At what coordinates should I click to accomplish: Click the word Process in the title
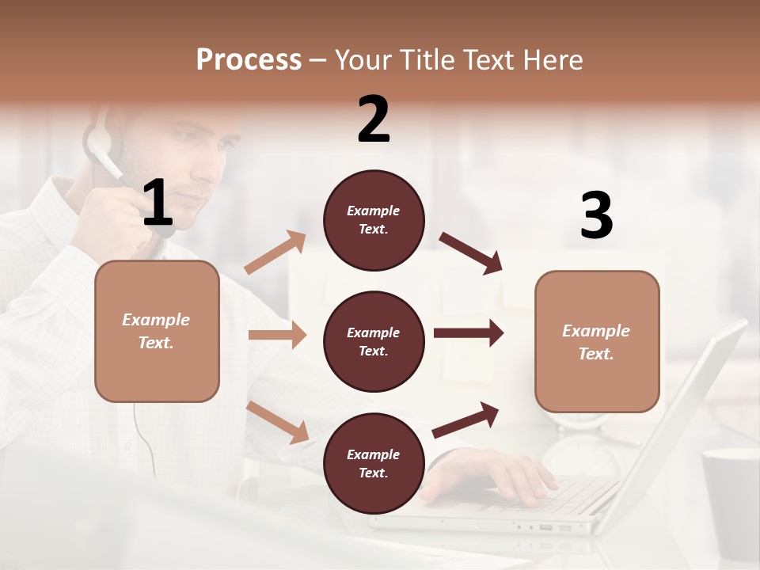tap(249, 59)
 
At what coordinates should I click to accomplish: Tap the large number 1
tap(158, 203)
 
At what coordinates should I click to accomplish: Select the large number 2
tap(374, 120)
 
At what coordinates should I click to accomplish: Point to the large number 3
tap(596, 215)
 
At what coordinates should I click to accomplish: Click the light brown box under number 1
tap(157, 331)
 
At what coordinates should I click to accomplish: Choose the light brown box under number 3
tap(597, 341)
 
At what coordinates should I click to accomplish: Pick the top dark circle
tap(374, 220)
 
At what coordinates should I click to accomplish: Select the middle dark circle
tap(374, 341)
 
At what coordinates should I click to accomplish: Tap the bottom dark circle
tap(374, 463)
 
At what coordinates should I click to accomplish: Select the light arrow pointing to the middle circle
tap(277, 335)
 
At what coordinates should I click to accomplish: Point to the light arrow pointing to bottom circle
tap(277, 422)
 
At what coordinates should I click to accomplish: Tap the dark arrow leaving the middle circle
tap(468, 332)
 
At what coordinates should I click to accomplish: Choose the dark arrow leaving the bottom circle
tap(465, 420)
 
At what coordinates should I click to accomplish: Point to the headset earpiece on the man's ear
tap(98, 143)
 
